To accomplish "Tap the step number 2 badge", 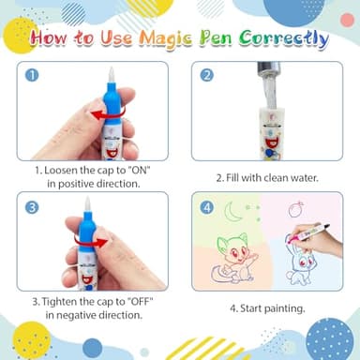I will pyautogui.click(x=207, y=75).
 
